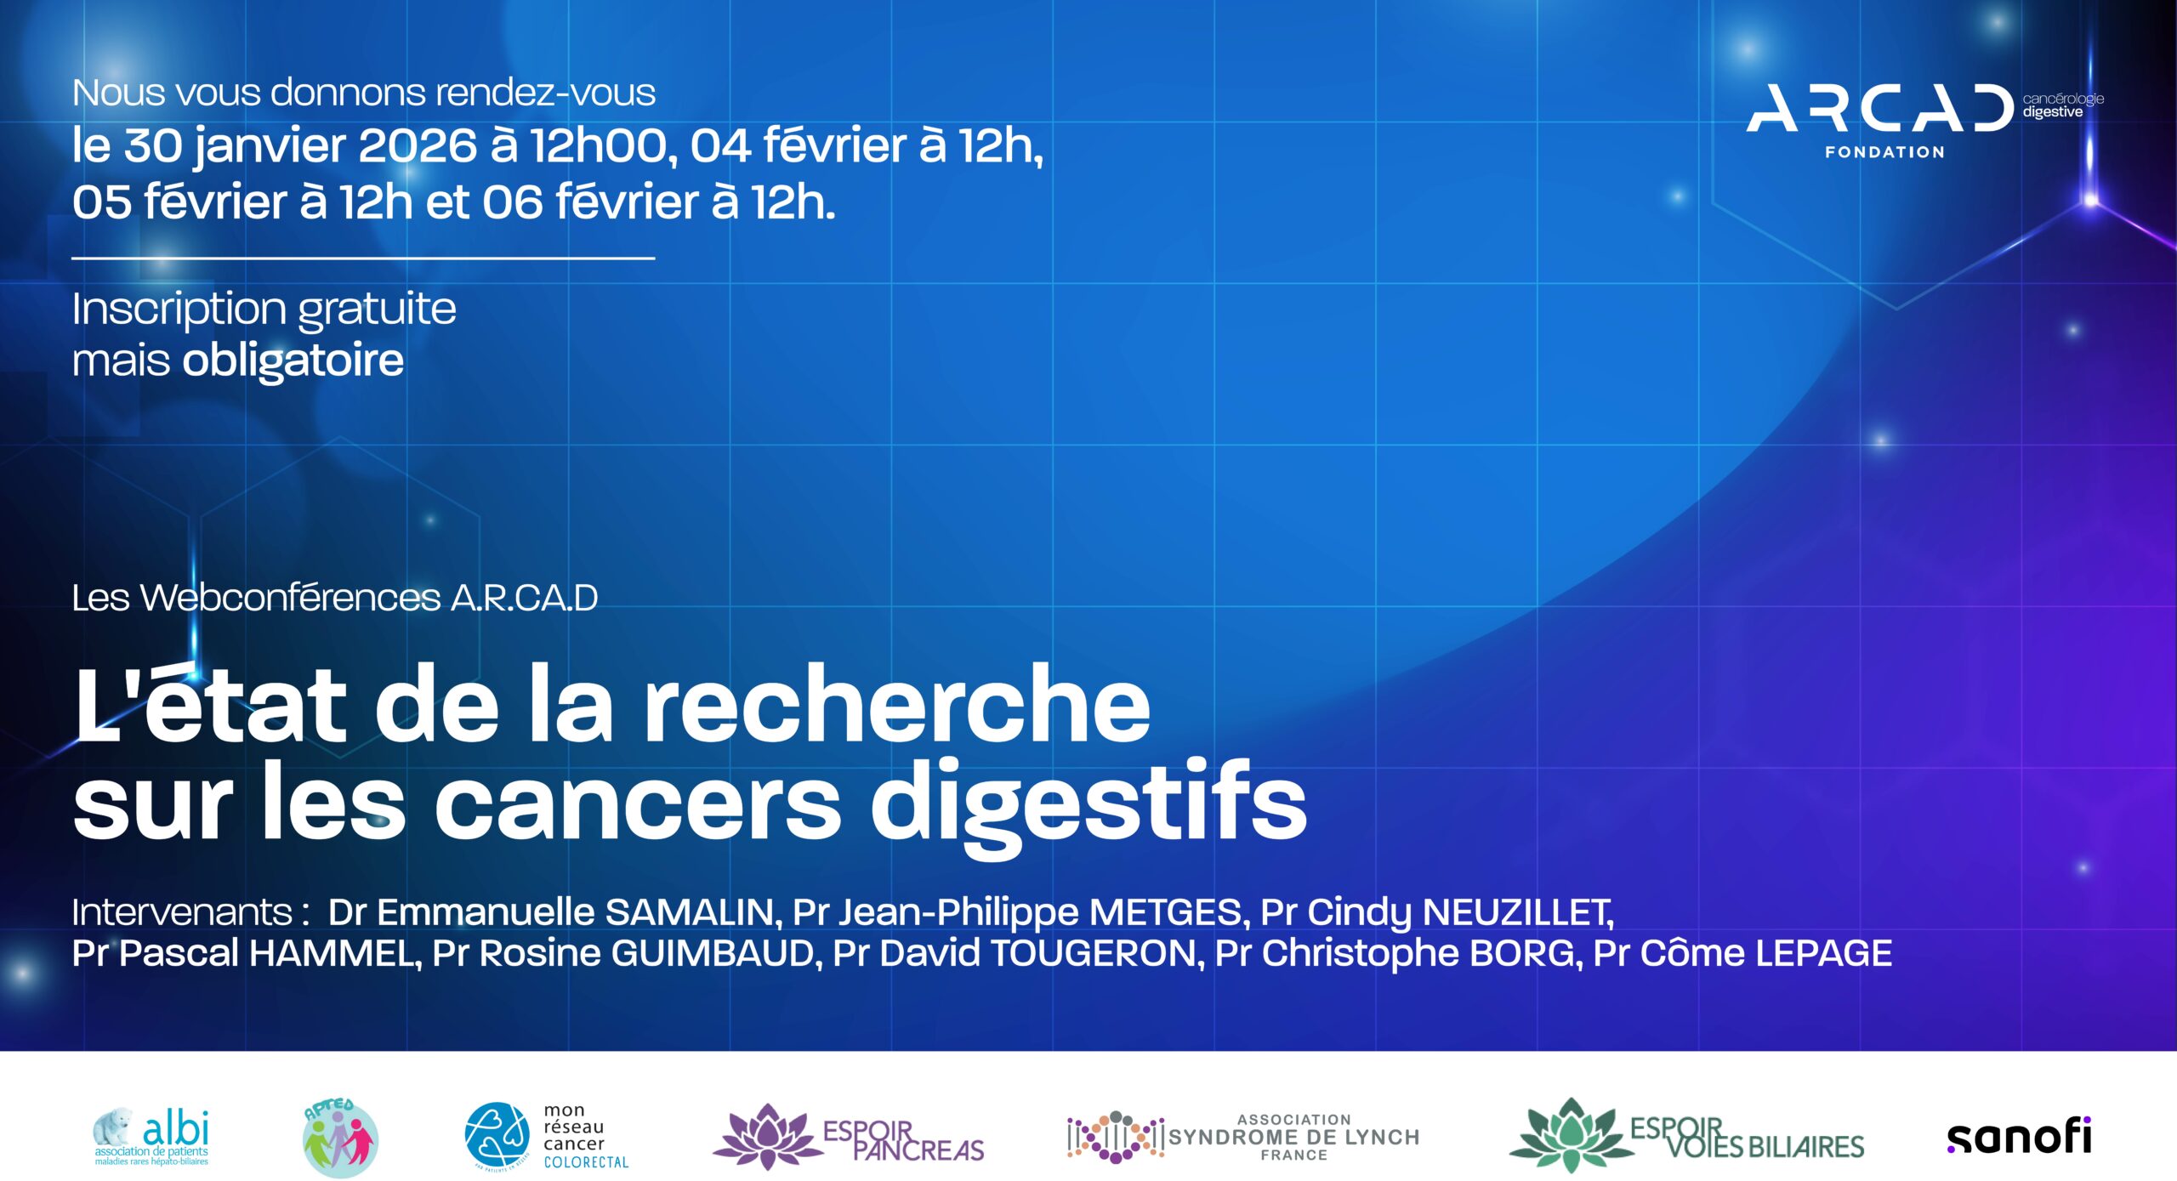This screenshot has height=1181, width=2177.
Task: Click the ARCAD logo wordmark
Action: (x=1879, y=109)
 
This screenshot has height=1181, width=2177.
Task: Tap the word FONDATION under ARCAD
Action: (x=1884, y=152)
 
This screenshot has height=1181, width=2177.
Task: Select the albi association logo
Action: (x=151, y=1137)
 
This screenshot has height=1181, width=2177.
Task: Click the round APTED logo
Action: (x=340, y=1138)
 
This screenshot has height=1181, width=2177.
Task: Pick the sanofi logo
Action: (x=2019, y=1137)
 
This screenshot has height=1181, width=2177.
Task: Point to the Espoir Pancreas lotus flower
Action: (x=767, y=1136)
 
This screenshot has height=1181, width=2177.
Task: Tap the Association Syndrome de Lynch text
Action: (x=1293, y=1137)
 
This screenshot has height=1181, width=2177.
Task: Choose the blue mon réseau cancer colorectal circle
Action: (x=497, y=1136)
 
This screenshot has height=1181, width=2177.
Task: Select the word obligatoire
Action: (x=293, y=361)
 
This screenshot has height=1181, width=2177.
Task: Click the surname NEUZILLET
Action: (x=1518, y=912)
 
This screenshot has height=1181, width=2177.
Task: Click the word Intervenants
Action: (x=182, y=912)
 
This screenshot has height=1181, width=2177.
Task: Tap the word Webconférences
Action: (x=290, y=598)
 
